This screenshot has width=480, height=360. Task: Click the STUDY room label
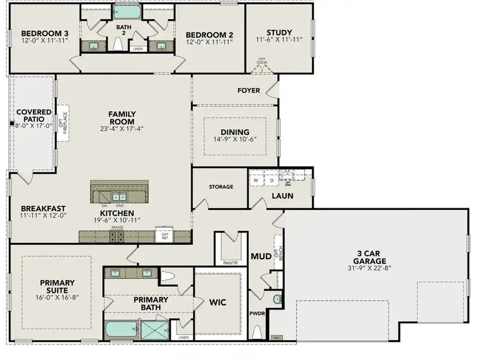[x=279, y=32]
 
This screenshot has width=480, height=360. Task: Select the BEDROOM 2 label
[x=209, y=34]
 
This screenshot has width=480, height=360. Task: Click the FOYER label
[x=249, y=91]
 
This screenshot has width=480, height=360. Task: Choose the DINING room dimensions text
[x=235, y=140]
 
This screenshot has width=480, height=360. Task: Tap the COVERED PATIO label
[x=34, y=115]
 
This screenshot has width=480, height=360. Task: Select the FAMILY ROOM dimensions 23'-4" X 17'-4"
[x=122, y=129]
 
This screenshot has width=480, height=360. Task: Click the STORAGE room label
[x=221, y=187]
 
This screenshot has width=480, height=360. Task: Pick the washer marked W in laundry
[x=256, y=179]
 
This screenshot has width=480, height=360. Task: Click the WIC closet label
[x=218, y=302]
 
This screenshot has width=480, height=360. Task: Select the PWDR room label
[x=257, y=313]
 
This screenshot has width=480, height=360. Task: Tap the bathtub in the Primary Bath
[x=121, y=330]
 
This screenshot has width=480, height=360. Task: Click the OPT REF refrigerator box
[x=164, y=235]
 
